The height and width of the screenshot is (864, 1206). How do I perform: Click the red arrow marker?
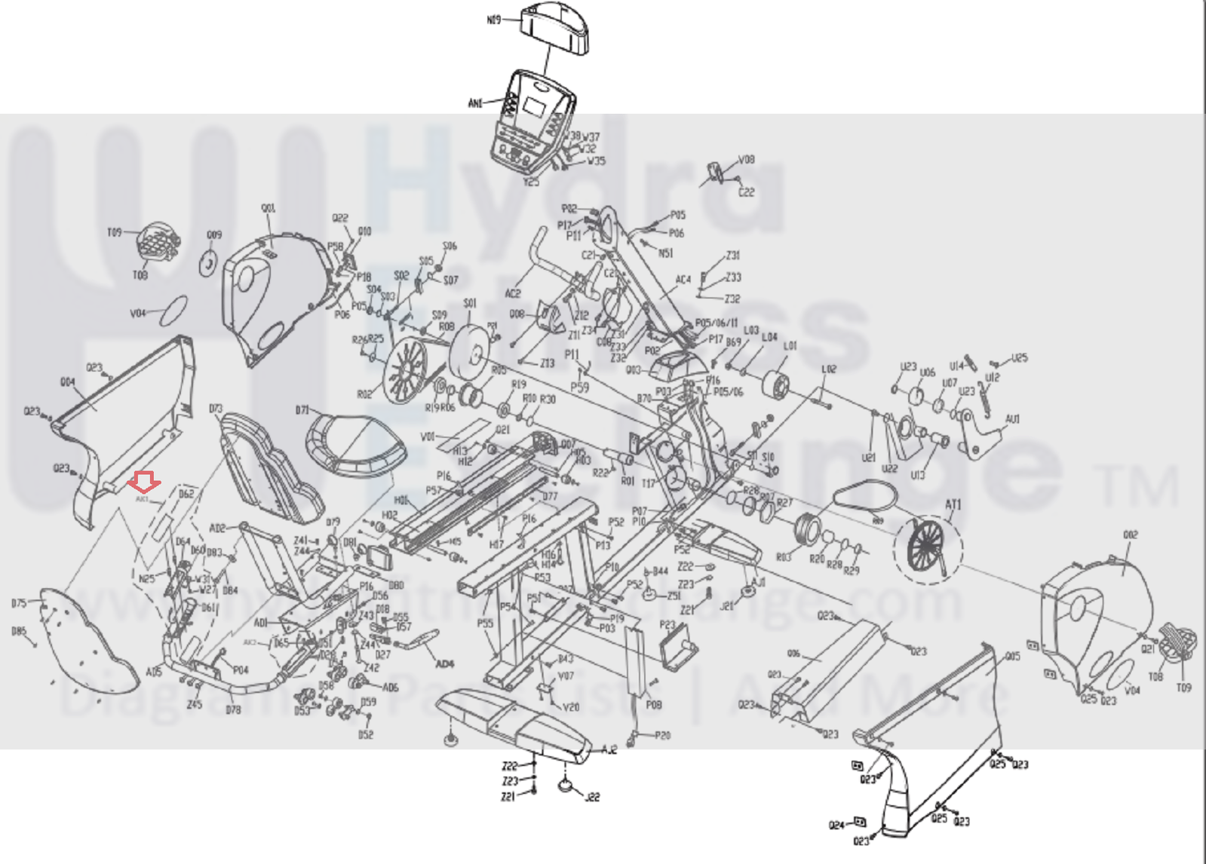pyautogui.click(x=143, y=479)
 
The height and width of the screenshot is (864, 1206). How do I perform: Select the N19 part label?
pyautogui.click(x=494, y=20)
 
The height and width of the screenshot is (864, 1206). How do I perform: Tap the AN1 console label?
pyautogui.click(x=476, y=103)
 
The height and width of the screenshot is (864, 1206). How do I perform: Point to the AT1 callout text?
pyautogui.click(x=953, y=504)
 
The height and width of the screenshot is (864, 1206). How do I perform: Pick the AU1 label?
pyautogui.click(x=1012, y=418)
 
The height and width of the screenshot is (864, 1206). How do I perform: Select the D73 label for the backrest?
pyautogui.click(x=216, y=409)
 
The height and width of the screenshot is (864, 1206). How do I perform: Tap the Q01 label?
pyautogui.click(x=268, y=208)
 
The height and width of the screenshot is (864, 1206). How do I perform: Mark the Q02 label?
pyautogui.click(x=1130, y=535)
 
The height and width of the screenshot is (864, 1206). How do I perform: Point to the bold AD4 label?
pyautogui.click(x=445, y=664)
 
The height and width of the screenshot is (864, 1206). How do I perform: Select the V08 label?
pyautogui.click(x=746, y=160)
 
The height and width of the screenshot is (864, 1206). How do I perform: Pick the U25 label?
pyautogui.click(x=1019, y=358)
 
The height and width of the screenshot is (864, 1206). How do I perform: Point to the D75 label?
pyautogui.click(x=19, y=603)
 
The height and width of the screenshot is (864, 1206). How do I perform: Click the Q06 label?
pyautogui.click(x=793, y=654)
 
